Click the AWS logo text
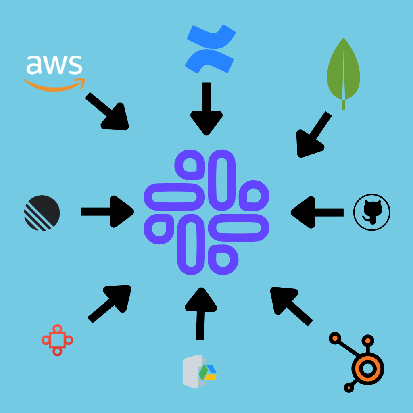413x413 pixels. [x=54, y=65]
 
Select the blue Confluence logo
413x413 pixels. [x=210, y=49]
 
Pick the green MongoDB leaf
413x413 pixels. [x=343, y=71]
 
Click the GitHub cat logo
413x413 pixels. [x=371, y=212]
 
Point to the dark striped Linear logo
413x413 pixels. [x=42, y=213]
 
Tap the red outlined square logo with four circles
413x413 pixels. [x=57, y=340]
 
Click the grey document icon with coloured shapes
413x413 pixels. [x=199, y=371]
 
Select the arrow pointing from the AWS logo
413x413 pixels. [x=108, y=112]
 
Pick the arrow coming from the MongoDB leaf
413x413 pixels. [x=313, y=136]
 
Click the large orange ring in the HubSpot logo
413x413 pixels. [x=367, y=368]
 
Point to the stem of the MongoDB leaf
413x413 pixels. [x=343, y=104]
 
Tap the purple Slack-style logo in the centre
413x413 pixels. [x=206, y=212]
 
